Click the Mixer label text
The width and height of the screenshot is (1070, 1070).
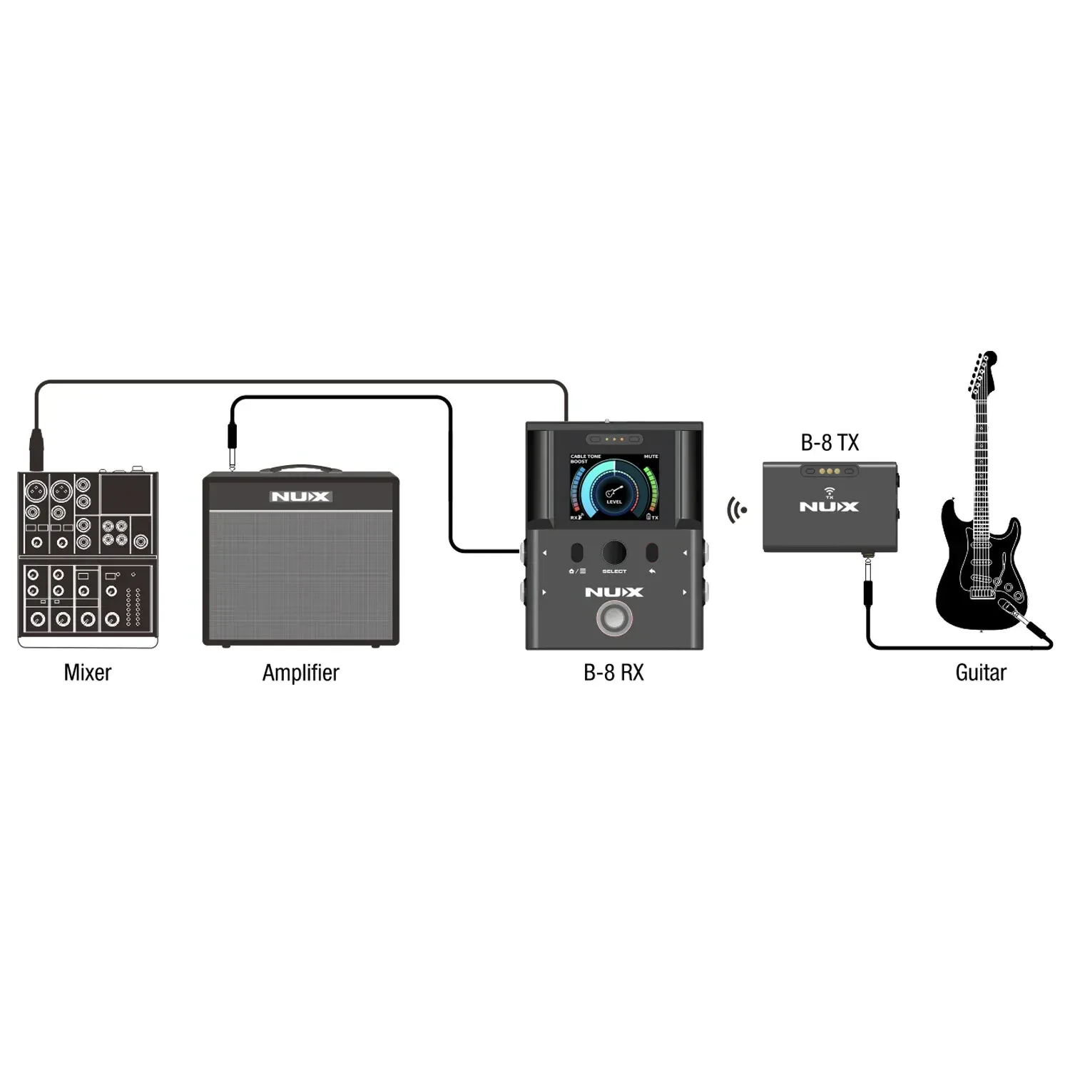point(87,673)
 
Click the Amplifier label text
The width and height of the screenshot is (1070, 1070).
point(300,673)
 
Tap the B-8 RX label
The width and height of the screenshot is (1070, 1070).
point(613,673)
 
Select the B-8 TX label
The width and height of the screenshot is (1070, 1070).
point(830,443)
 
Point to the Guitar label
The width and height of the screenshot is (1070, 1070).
point(980,673)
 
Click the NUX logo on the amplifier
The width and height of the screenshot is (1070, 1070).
point(300,496)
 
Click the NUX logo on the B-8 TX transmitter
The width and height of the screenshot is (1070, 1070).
point(829,506)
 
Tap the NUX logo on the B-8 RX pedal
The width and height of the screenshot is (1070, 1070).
point(613,592)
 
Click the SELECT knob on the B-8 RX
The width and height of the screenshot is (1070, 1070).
point(613,553)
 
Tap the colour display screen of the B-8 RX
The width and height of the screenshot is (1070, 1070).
point(613,486)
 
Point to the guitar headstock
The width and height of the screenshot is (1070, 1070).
point(983,371)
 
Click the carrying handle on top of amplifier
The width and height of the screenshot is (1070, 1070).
point(300,469)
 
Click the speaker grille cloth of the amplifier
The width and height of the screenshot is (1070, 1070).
point(300,578)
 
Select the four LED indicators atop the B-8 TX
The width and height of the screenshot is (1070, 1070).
point(829,472)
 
